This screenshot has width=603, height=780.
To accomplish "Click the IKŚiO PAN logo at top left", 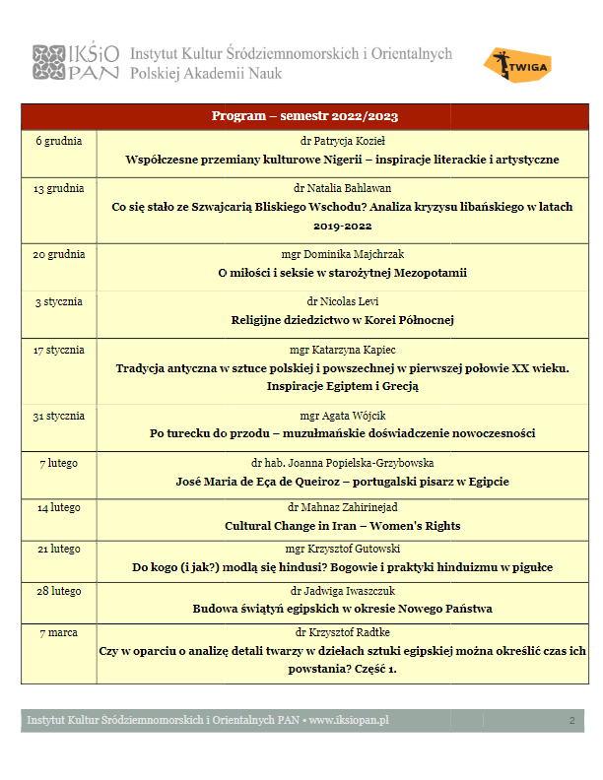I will [77, 63].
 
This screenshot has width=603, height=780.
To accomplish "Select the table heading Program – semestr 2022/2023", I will [304, 116].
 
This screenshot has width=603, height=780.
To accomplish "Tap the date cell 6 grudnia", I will [59, 141].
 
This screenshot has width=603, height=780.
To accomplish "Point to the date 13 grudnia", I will [59, 188].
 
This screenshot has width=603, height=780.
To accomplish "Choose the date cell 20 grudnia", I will [59, 254].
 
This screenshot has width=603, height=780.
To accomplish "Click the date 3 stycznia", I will [59, 301].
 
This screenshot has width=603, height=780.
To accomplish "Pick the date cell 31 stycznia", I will [59, 416].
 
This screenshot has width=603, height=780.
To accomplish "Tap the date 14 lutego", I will [59, 508].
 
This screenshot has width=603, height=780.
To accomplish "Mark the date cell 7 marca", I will [59, 631].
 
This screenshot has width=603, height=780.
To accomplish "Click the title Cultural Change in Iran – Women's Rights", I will [342, 526].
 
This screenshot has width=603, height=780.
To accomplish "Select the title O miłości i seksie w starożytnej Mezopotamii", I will [342, 273].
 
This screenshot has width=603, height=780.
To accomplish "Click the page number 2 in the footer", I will [571, 721].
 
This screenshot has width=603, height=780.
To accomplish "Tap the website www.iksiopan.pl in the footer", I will [349, 721].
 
